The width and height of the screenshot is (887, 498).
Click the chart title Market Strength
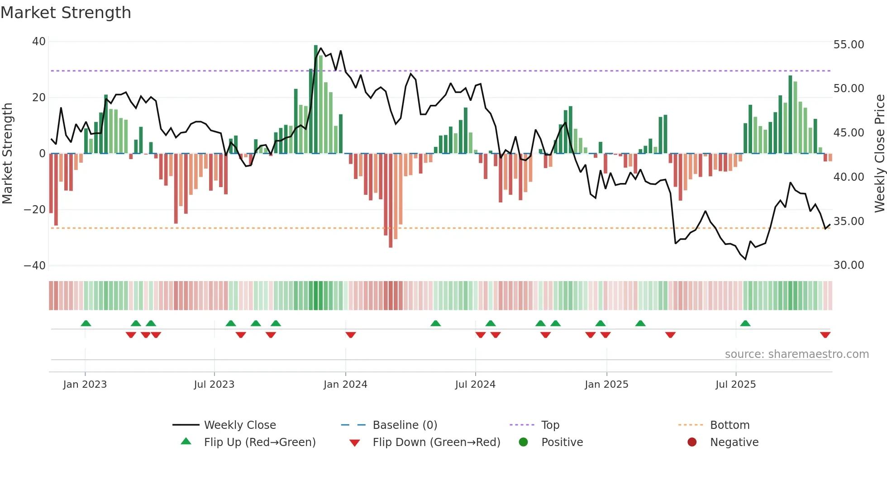(66, 13)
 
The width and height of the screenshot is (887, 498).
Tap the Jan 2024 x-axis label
(345, 385)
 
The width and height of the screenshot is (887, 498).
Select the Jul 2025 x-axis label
(735, 385)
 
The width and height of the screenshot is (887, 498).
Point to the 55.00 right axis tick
(849, 45)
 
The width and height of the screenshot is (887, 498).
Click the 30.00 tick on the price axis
(849, 265)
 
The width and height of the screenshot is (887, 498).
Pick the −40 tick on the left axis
(34, 266)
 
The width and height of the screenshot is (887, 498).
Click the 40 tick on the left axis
(38, 42)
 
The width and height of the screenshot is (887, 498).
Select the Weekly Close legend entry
(239, 425)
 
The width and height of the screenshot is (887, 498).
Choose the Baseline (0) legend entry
(405, 425)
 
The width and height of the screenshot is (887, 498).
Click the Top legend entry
(550, 425)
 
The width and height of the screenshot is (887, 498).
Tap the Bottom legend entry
(730, 425)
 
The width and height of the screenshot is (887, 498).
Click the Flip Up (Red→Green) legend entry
(259, 442)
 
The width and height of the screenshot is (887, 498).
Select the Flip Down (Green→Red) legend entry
(436, 442)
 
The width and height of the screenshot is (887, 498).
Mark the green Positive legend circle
(523, 442)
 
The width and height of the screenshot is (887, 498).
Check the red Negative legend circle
(692, 442)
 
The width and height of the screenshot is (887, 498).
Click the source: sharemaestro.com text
(796, 354)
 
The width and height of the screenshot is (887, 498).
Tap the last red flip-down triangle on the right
(825, 335)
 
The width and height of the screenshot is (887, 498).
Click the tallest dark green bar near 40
(316, 99)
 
